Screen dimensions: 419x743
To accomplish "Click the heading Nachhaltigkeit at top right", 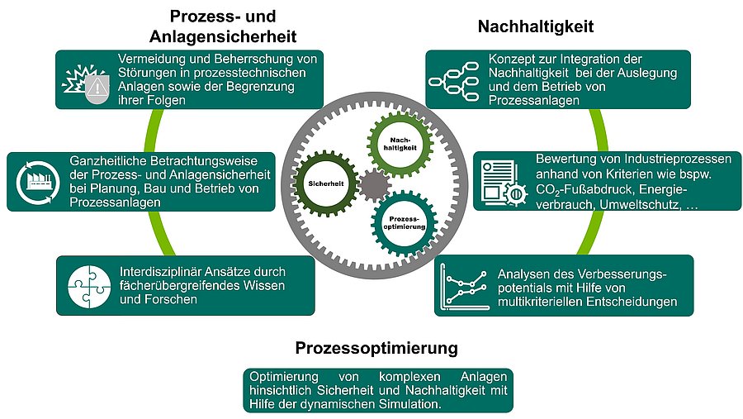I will (x=536, y=26).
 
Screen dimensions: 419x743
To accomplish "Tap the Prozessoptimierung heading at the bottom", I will (x=376, y=345).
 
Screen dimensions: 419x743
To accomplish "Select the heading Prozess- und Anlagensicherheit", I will (x=222, y=26).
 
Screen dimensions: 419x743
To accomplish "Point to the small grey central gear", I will (x=371, y=183).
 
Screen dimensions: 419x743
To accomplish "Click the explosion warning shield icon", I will (x=86, y=80).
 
